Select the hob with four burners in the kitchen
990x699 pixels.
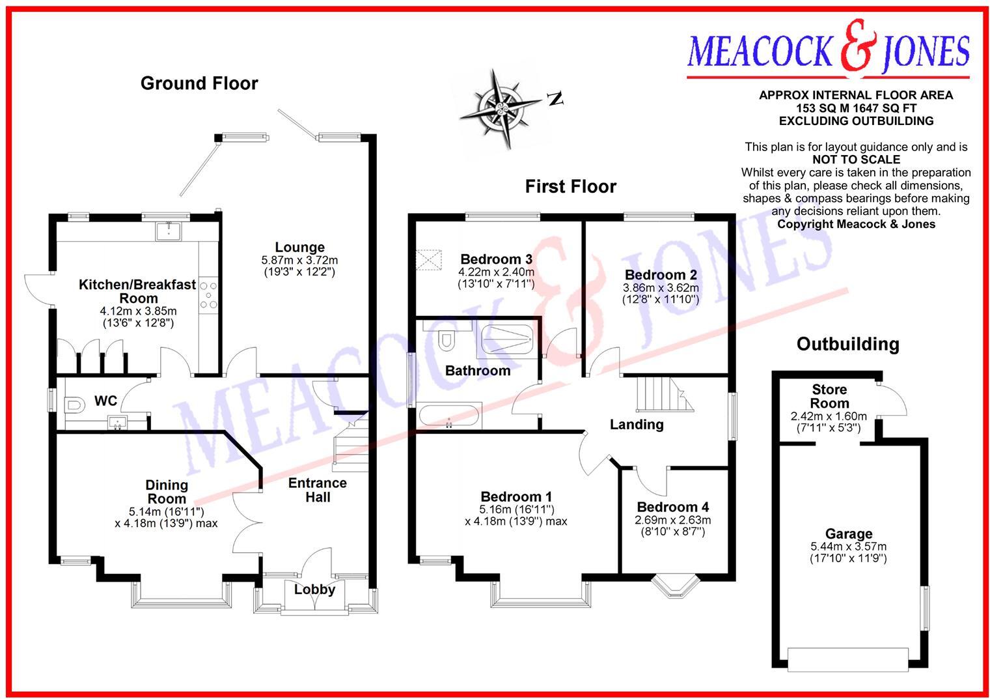click(x=208, y=294)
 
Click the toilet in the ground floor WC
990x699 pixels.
click(x=74, y=405)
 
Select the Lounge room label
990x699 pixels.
click(x=299, y=248)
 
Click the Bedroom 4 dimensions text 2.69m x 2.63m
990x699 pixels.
click(x=672, y=520)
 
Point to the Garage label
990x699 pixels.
click(x=848, y=534)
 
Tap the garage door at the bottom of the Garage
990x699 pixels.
click(x=847, y=659)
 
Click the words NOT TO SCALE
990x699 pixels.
click(x=855, y=160)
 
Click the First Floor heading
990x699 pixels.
click(x=570, y=187)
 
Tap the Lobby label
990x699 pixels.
click(x=314, y=590)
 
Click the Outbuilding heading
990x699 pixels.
click(x=847, y=344)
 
